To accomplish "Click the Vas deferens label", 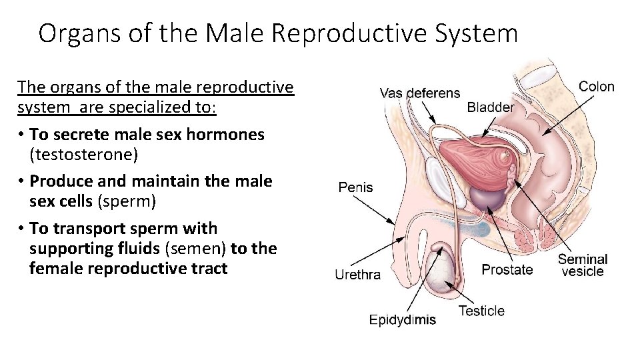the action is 419,93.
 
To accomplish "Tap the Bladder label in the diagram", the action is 490,107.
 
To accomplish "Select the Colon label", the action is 596,87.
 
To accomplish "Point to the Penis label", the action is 356,187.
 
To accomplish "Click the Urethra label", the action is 357,274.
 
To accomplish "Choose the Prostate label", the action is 507,270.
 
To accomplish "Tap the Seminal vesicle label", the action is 582,265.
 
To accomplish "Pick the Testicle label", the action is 481,311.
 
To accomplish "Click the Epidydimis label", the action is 403,319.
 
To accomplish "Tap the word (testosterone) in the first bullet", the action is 83,155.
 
